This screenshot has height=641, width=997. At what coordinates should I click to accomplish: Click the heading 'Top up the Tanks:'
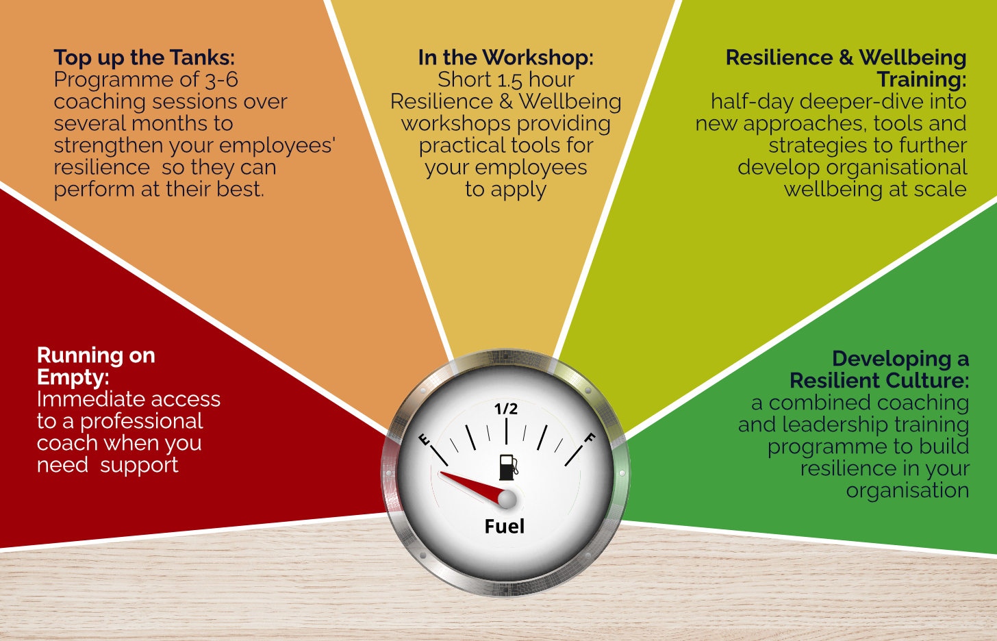pos(144,58)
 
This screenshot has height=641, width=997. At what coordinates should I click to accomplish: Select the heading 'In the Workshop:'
pos(505,58)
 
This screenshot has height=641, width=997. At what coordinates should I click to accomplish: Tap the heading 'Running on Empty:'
pos(96,366)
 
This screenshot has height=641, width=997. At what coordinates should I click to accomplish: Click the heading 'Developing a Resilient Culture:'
pos(879,370)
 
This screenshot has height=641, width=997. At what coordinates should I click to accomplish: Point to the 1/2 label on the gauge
pos(506,409)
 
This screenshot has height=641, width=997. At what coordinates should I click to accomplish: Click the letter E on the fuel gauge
pos(425,440)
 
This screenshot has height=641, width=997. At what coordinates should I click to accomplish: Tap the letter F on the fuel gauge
pos(590,438)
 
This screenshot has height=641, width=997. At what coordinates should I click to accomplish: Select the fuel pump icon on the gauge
pos(508,467)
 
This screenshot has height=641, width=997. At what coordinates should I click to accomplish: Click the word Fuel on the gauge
pos(504,526)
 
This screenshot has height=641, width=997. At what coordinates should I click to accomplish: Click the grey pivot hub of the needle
pos(507,499)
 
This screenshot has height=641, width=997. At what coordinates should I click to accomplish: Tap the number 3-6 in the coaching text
pos(222,80)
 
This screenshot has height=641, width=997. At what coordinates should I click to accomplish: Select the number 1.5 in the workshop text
pos(509,80)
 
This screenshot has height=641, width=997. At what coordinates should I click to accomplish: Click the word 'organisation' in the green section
pos(907,490)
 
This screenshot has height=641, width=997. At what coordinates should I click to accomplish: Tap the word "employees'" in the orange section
pos(277,147)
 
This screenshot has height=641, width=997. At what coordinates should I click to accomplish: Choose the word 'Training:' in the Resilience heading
pos(922,80)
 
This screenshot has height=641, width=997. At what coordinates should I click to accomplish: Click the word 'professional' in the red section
pos(142,422)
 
